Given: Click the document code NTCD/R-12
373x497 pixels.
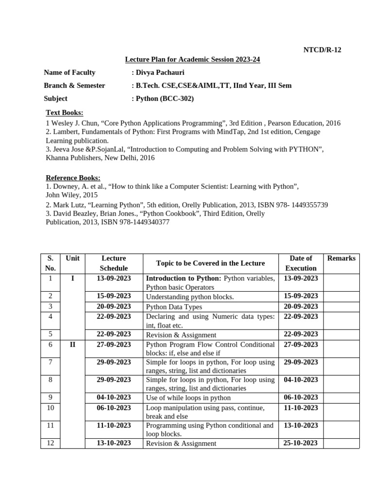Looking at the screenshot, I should point(322,50).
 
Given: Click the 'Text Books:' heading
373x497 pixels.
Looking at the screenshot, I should point(64,113).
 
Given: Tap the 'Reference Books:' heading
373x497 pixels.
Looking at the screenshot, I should point(73,178).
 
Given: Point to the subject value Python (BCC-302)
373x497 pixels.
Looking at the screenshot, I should point(165,99).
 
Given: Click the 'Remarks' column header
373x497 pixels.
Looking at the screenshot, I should point(341,258).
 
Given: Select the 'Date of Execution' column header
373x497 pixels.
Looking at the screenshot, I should point(301,263).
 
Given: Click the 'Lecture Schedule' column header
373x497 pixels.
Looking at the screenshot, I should point(114,263).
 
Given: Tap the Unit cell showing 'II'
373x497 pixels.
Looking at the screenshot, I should point(72,344).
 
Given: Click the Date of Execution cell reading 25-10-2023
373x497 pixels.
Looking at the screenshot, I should point(301,443).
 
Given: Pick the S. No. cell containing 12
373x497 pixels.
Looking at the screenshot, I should point(51,443).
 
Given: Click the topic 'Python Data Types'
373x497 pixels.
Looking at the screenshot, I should point(174,307).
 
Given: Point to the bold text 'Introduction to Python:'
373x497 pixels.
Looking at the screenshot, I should point(184,278).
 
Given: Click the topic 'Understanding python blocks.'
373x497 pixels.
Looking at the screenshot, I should point(190,297).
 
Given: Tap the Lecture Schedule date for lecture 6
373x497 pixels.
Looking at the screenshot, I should point(114,344).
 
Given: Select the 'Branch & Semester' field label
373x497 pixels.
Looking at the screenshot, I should point(74,85).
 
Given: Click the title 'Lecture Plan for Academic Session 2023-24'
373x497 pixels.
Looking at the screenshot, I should point(193,60).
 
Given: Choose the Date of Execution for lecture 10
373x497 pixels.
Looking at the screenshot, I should point(301,408).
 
